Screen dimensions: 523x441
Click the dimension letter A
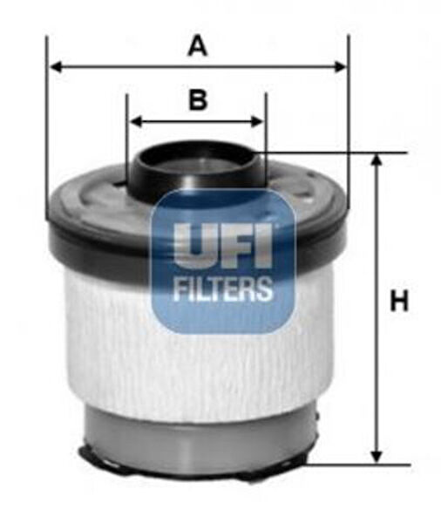[x=198, y=46]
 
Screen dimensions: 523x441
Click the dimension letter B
[x=199, y=100]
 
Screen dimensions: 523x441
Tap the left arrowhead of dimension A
[x=54, y=65]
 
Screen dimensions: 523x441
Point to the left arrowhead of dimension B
[x=134, y=121]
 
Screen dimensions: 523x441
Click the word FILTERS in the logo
[x=222, y=289]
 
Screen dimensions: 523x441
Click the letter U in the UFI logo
[x=189, y=242]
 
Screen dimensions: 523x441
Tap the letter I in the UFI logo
[x=264, y=242]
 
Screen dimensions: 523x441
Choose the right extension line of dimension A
[x=348, y=131]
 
